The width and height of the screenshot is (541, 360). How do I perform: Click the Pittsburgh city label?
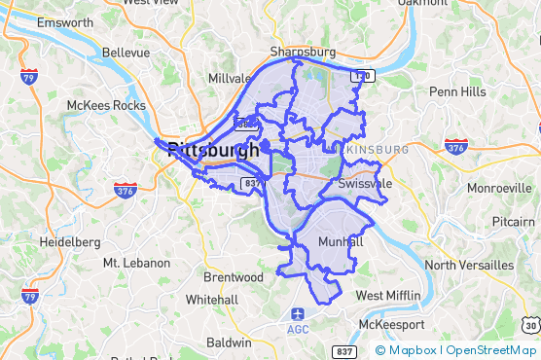coord(213,151)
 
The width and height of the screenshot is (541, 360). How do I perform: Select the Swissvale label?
coord(366,183)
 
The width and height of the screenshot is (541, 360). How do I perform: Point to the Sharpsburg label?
coord(303,52)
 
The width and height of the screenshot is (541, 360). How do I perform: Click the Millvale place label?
coord(229,78)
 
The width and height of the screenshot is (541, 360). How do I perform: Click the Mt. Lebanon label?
coord(136,263)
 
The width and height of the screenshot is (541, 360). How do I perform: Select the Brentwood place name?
coord(234,277)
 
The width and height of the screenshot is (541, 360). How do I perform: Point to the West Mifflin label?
coord(388,295)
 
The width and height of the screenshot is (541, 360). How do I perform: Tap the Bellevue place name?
coord(133,52)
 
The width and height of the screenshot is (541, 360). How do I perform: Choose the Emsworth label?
coord(65,22)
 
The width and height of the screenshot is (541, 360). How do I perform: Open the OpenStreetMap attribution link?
coord(491,350)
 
